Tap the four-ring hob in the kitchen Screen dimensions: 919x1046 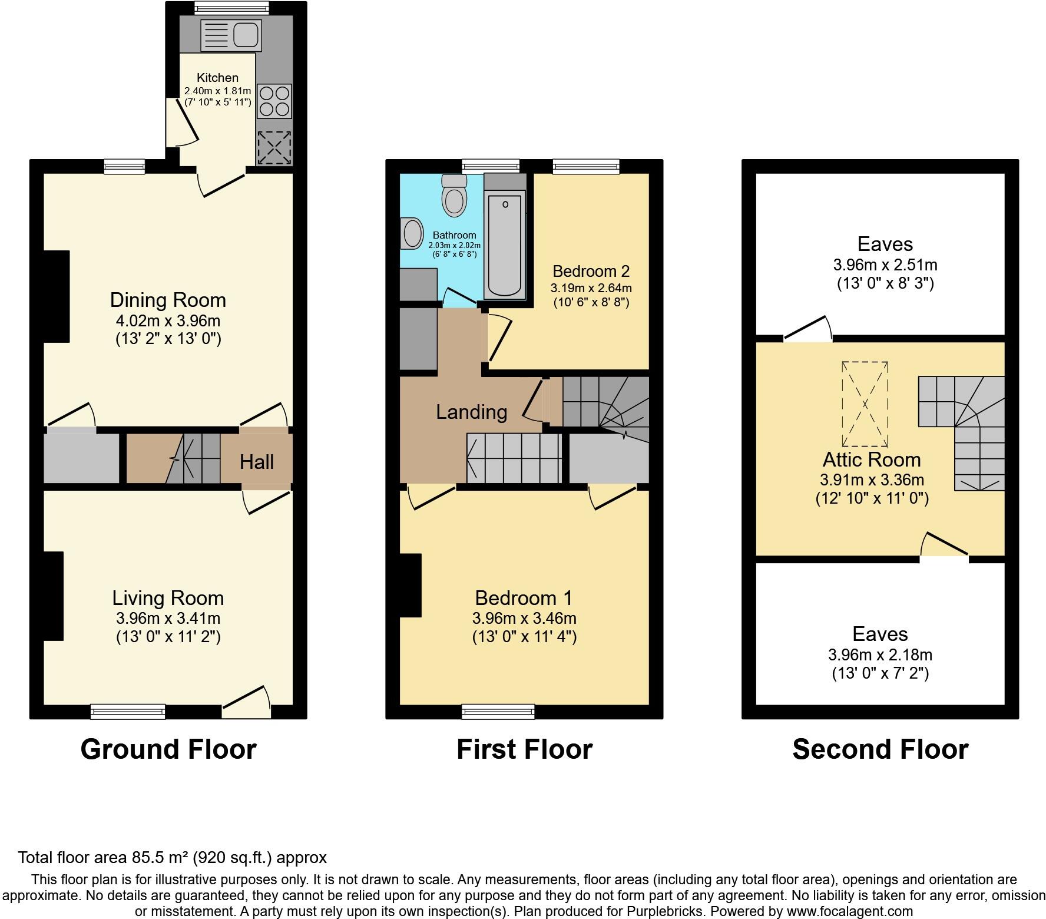[274, 101]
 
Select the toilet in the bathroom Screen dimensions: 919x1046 [454, 197]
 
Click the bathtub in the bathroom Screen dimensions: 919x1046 [505, 245]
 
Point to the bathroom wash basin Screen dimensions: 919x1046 [412, 233]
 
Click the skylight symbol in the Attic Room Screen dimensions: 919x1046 [865, 404]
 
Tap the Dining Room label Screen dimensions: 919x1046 [168, 300]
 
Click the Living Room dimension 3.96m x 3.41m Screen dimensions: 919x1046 [168, 619]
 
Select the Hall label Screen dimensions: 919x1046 [257, 462]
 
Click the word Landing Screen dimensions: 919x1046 [471, 412]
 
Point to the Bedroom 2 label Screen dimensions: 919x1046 [591, 272]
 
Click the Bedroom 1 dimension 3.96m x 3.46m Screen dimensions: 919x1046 [524, 619]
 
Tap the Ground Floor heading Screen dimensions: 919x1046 [168, 749]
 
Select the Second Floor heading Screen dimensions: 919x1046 [880, 749]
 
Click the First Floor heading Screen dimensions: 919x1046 [524, 749]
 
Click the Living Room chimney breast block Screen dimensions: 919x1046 [53, 596]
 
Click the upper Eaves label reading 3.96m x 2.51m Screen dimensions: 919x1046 [885, 265]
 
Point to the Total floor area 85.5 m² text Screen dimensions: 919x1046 [172, 857]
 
